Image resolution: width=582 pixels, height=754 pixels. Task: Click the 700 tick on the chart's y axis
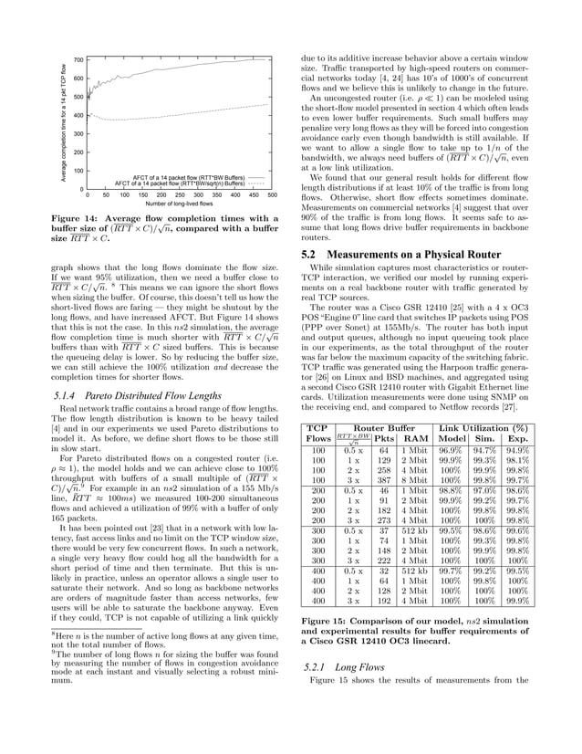pyautogui.click(x=78, y=60)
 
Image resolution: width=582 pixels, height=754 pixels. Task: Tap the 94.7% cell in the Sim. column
pyautogui.click(x=483, y=451)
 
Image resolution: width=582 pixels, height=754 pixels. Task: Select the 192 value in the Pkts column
pyautogui.click(x=383, y=602)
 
